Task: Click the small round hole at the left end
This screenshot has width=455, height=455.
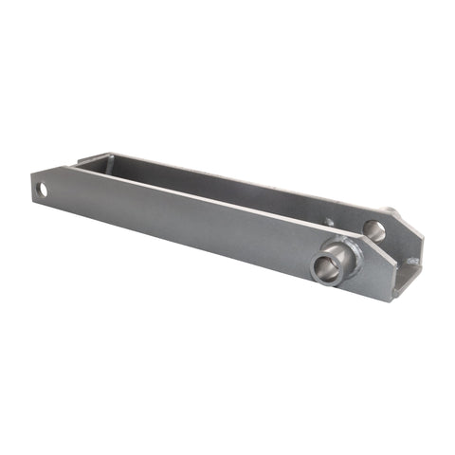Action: tap(42, 190)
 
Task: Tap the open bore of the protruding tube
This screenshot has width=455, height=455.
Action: tap(324, 266)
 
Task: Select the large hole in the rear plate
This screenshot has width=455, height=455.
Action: tap(373, 229)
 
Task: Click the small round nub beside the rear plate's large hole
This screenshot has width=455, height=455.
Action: tap(330, 223)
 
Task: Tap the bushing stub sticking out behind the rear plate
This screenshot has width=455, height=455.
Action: tap(390, 210)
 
